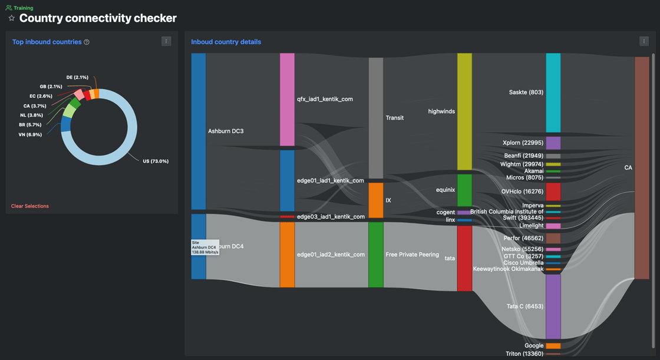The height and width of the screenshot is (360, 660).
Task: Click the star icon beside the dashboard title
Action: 11,18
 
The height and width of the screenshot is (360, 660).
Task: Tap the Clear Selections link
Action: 30,206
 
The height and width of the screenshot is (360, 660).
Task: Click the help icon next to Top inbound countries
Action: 87,42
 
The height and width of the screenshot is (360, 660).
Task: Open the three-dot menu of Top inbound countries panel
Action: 166,41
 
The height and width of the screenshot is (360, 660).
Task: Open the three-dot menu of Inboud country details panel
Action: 643,41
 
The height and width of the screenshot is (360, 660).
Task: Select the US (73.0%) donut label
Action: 156,161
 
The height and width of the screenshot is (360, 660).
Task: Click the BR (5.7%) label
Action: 31,125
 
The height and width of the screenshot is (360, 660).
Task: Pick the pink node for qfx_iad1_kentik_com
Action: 287,99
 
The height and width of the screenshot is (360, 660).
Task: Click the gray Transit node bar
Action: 376,118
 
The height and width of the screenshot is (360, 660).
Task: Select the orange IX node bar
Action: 376,200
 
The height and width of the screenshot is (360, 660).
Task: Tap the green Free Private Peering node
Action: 376,255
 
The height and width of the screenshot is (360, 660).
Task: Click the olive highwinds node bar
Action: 464,111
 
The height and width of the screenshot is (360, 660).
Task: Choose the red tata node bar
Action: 464,258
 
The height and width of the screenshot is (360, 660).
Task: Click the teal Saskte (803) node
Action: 553,93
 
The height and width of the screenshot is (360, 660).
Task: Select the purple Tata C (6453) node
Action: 553,306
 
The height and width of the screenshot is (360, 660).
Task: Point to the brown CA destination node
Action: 642,168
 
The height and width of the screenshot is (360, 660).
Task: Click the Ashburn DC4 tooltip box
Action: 204,247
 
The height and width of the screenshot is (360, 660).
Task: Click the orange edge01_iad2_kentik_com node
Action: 287,255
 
